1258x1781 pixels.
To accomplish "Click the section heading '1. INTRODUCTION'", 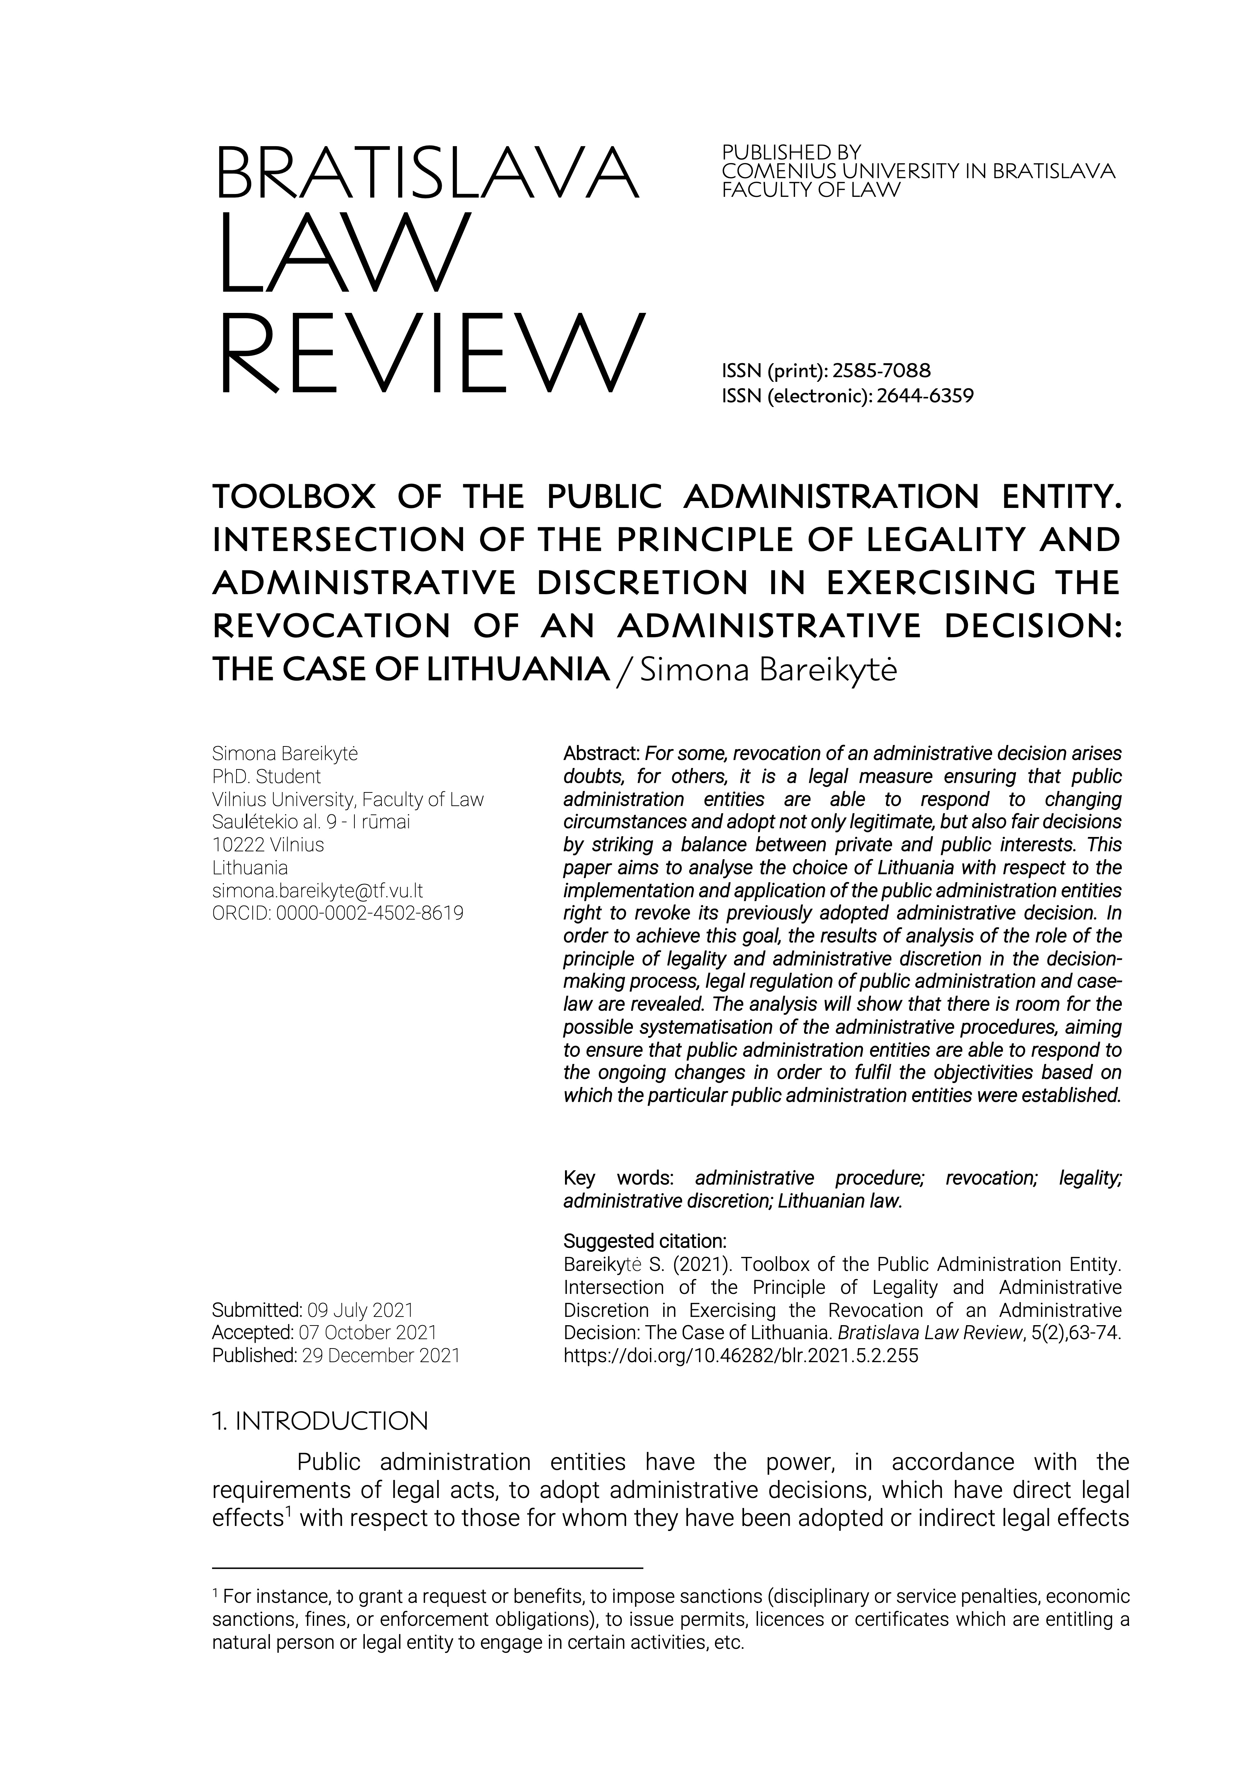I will (x=320, y=1421).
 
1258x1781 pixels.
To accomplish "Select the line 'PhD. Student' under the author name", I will (x=266, y=777).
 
